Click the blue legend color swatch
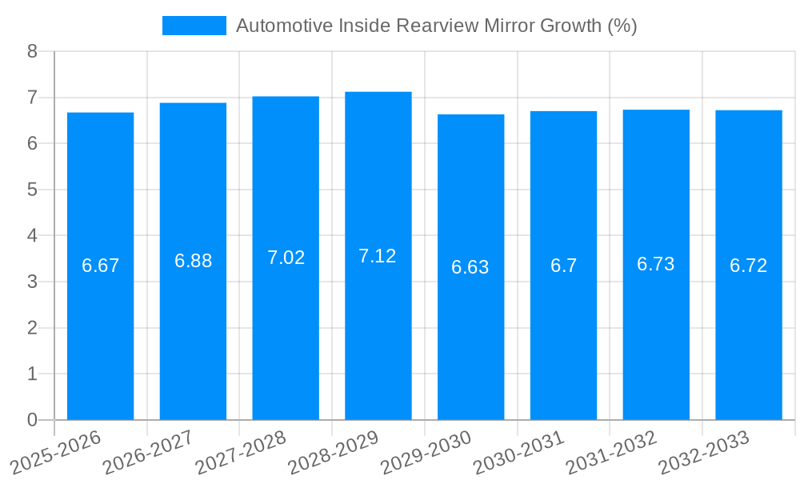tap(194, 26)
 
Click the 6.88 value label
tap(193, 261)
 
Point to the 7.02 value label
tap(286, 258)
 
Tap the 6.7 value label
tap(563, 266)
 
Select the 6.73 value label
tap(656, 265)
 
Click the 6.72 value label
tap(749, 266)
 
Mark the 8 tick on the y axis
tap(32, 51)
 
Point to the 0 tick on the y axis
tap(32, 420)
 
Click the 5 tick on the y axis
tap(32, 190)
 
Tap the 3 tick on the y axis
tap(32, 282)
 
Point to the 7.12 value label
tap(378, 256)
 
